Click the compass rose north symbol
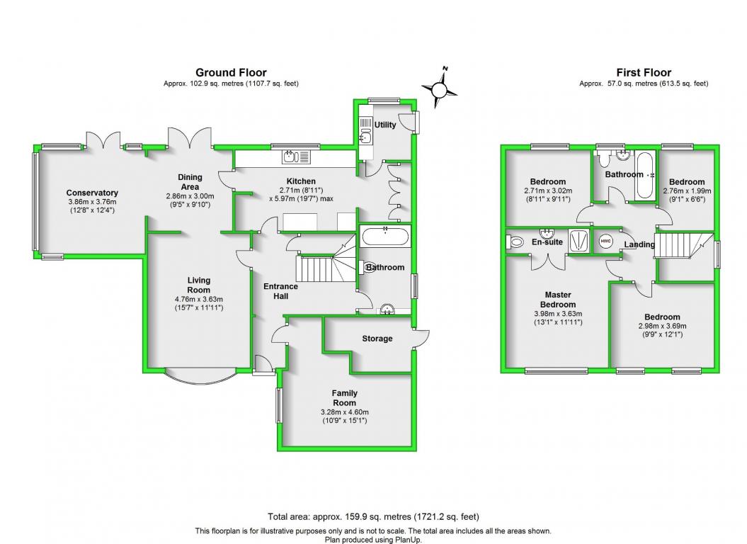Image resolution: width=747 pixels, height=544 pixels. (438, 89)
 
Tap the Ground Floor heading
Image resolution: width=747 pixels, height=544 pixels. (231, 72)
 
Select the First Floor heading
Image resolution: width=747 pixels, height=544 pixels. (644, 72)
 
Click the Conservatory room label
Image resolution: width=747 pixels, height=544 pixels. (92, 193)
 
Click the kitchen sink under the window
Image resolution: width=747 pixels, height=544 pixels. (295, 157)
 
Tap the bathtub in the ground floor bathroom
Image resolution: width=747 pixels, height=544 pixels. (384, 236)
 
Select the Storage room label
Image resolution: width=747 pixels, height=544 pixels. (377, 339)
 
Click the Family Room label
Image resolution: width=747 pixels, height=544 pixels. (345, 398)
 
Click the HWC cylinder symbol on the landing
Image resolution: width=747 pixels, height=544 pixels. (605, 241)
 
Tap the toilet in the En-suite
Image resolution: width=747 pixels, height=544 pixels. (515, 242)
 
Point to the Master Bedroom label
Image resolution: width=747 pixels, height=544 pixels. (558, 300)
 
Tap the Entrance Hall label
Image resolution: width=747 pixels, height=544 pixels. (280, 291)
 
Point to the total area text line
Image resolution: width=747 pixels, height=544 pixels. (373, 516)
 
